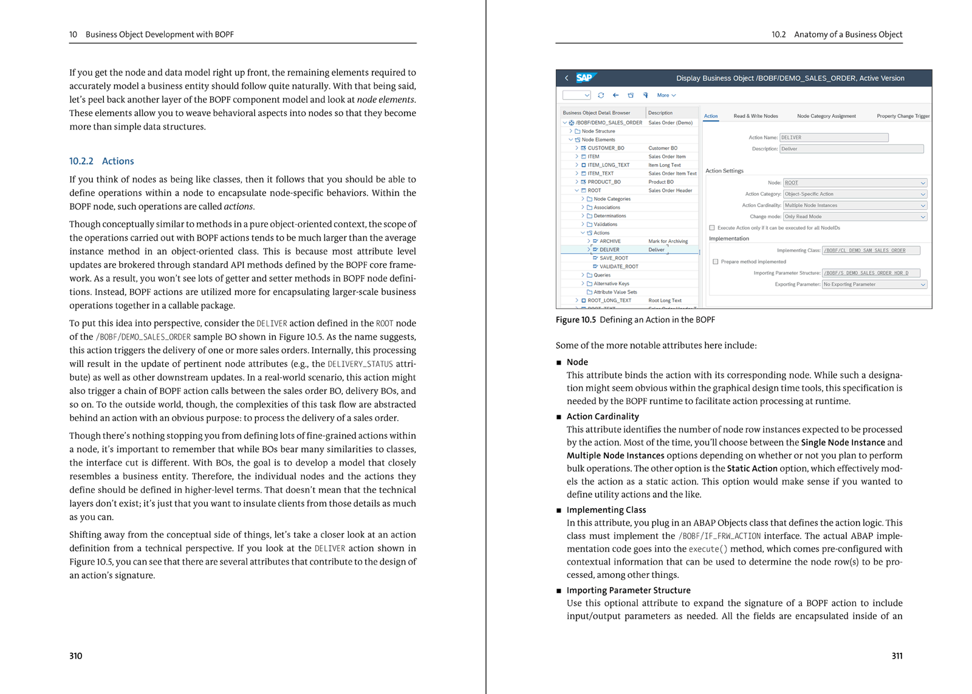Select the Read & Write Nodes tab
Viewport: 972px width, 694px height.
pyautogui.click(x=755, y=116)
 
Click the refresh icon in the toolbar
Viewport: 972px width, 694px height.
pyautogui.click(x=601, y=95)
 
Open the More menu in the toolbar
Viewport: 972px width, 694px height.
pyautogui.click(x=666, y=95)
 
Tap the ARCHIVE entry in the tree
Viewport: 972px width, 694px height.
pyautogui.click(x=610, y=241)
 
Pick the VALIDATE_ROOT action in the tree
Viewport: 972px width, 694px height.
pyautogui.click(x=618, y=267)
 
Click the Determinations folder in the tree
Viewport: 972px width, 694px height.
pyautogui.click(x=609, y=216)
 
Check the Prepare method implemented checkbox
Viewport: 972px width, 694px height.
pyautogui.click(x=716, y=262)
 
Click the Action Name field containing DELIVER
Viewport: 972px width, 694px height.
pyautogui.click(x=833, y=138)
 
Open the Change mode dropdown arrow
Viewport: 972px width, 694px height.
pyautogui.click(x=923, y=217)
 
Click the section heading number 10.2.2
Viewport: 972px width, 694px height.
pyautogui.click(x=81, y=161)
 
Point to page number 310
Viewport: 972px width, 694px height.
pyautogui.click(x=75, y=656)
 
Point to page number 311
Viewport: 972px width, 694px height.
pyautogui.click(x=897, y=656)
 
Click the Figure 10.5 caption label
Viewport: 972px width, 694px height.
pyautogui.click(x=575, y=320)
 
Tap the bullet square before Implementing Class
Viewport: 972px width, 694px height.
pyautogui.click(x=559, y=510)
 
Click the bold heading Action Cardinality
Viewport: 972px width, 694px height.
pyautogui.click(x=603, y=416)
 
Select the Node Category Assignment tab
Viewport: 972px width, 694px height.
pyautogui.click(x=826, y=116)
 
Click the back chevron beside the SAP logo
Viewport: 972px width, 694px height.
pyautogui.click(x=567, y=78)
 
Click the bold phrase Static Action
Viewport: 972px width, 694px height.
pyautogui.click(x=752, y=469)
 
